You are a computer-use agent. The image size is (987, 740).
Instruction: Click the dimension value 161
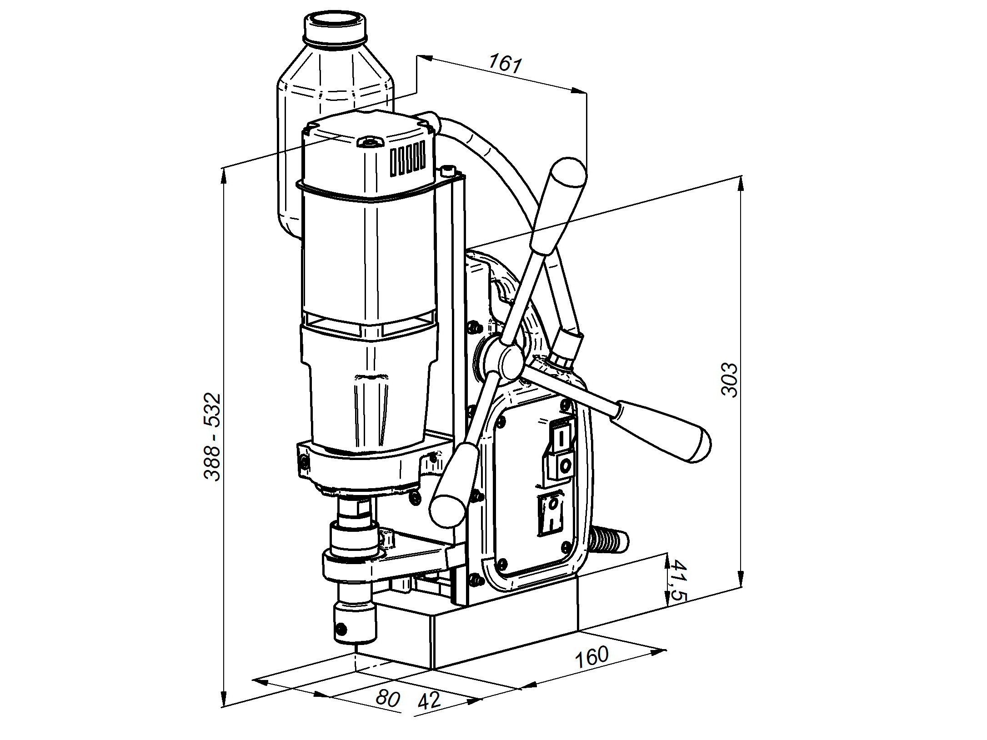point(505,64)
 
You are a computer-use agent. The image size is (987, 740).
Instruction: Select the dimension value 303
point(730,380)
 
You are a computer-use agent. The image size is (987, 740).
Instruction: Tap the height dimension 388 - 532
point(212,437)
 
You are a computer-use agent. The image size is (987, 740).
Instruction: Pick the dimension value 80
point(387,698)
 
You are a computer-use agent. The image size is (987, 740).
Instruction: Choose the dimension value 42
point(429,701)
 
